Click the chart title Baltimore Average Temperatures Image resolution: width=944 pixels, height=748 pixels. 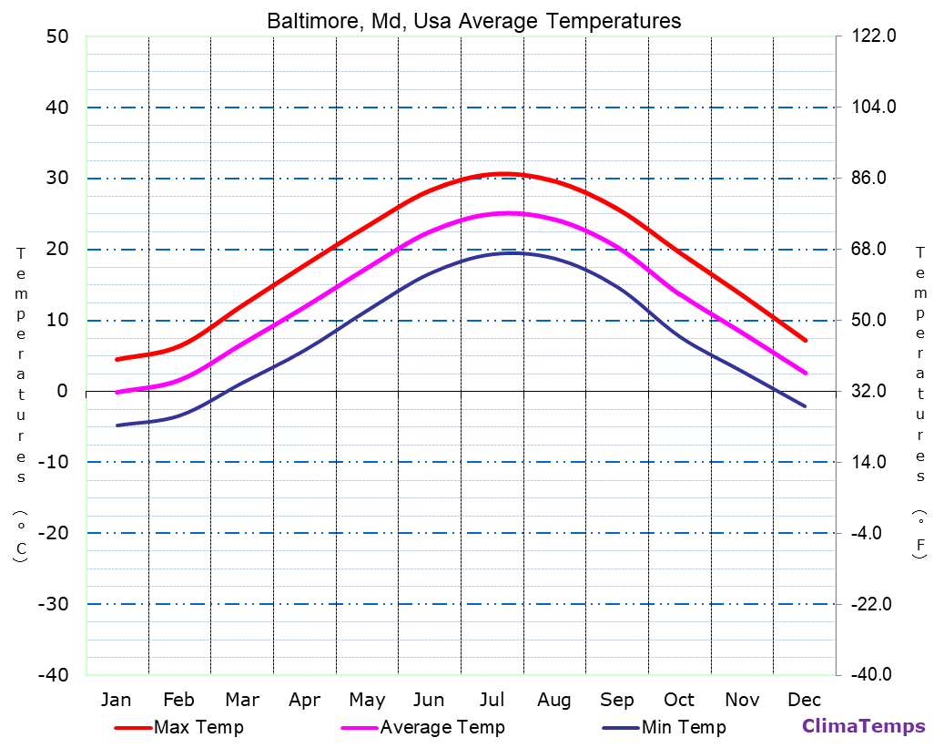[473, 21]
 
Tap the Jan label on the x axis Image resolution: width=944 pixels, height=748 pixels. [116, 700]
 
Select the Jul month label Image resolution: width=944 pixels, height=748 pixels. [492, 700]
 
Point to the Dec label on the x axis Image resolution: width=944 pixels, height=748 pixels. [805, 700]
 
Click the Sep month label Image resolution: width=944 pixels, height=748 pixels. [616, 700]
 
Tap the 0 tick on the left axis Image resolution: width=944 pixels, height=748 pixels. [62, 391]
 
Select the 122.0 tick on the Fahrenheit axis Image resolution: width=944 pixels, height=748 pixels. [874, 36]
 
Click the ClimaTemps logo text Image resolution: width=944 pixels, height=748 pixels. [863, 726]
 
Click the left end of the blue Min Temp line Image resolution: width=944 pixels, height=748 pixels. [117, 425]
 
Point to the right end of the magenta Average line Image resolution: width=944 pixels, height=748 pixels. [806, 374]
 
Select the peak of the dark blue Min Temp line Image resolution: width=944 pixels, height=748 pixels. [512, 252]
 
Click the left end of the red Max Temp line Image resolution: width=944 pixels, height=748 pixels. [117, 360]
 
